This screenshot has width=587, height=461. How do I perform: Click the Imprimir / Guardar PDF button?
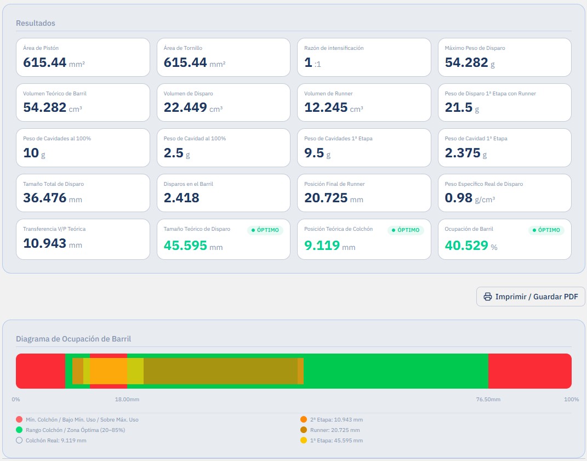click(x=531, y=297)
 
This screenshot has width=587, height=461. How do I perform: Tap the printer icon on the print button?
click(x=487, y=297)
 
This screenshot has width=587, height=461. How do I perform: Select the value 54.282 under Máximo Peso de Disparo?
click(x=466, y=62)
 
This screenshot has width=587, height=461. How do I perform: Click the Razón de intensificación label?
click(x=334, y=48)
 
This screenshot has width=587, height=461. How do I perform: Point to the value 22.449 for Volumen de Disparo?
click(x=185, y=107)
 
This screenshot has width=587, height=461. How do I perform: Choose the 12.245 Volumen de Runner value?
click(x=326, y=107)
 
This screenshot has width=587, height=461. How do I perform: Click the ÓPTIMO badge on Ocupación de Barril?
click(x=546, y=230)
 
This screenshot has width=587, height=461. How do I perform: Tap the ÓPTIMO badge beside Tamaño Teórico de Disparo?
click(x=265, y=230)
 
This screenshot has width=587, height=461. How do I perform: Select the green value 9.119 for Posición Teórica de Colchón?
click(x=322, y=245)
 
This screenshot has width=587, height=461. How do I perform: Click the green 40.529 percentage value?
click(x=466, y=245)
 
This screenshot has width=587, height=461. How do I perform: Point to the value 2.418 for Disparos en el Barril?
click(x=181, y=198)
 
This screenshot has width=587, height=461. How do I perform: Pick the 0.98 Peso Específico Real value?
click(x=459, y=198)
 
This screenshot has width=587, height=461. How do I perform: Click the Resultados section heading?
click(x=36, y=23)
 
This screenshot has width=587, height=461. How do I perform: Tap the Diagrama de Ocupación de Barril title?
click(x=73, y=339)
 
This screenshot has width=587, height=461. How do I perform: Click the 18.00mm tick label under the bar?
click(x=127, y=400)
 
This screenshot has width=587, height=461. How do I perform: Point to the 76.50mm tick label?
click(x=488, y=400)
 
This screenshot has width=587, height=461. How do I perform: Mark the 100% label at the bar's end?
click(x=571, y=400)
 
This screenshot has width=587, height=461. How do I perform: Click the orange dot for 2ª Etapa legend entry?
click(x=304, y=419)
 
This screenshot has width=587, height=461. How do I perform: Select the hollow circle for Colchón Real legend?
click(x=19, y=440)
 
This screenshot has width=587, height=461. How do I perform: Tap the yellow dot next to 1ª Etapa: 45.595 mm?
click(x=304, y=440)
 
